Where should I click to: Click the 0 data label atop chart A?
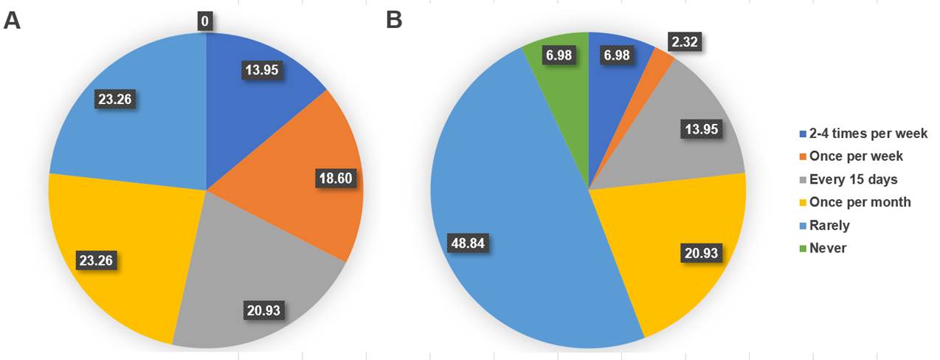tap(205, 21)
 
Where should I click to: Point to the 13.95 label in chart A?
tap(265, 69)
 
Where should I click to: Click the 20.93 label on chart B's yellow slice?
tap(699, 254)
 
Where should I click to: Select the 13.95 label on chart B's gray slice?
tap(699, 130)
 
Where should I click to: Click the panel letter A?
tap(12, 20)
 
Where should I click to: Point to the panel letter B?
tap(394, 20)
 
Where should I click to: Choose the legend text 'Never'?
tap(828, 248)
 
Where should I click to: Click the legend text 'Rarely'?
tap(830, 225)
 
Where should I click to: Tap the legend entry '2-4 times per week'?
tap(868, 134)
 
